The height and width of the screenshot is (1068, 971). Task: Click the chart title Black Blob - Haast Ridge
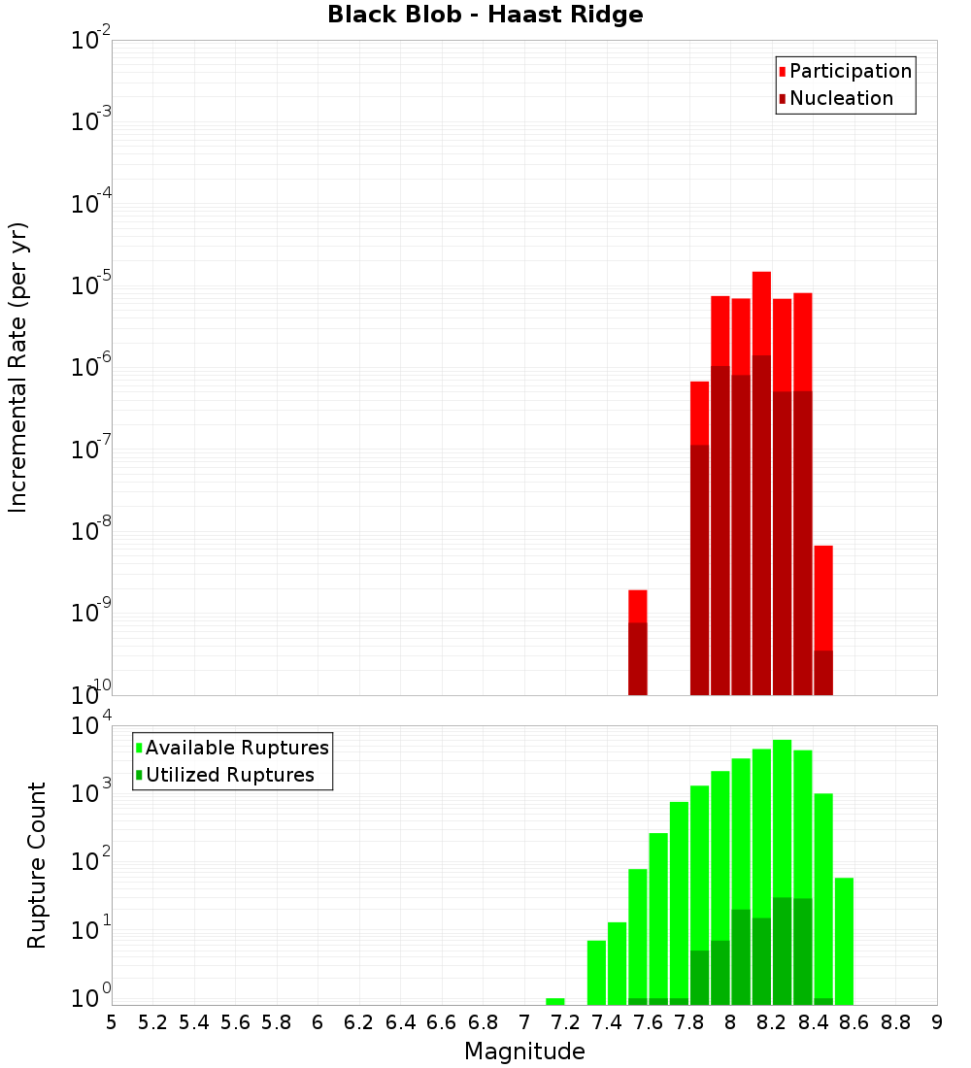485,15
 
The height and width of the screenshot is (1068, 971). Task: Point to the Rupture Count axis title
37,864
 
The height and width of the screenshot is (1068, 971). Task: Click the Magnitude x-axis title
524,1051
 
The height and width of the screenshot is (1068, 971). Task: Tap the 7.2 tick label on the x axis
565,1022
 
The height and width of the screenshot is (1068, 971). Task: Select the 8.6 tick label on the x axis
854,1022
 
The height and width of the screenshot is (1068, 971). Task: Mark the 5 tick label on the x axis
112,1022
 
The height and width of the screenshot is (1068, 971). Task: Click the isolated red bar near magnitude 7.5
637,641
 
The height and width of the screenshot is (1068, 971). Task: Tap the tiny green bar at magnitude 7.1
554,1001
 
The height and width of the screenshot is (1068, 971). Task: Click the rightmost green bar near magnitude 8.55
844,941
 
